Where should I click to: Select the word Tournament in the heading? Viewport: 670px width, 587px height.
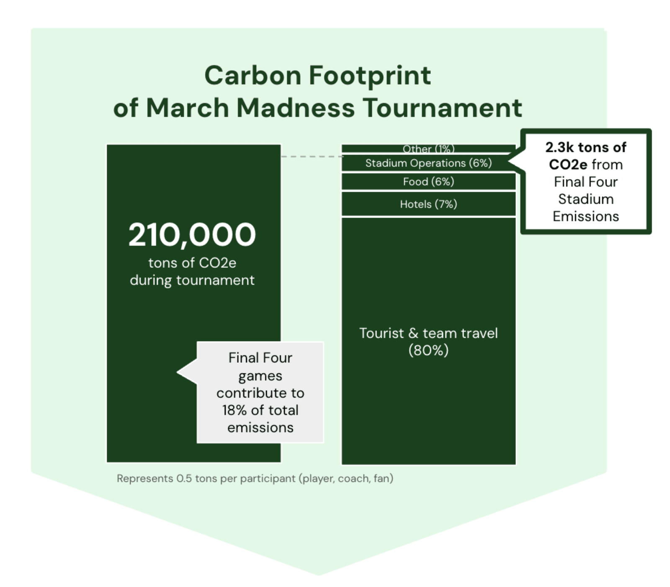click(442, 108)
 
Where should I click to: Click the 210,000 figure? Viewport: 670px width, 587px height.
click(192, 234)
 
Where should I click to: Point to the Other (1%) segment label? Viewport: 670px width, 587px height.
click(428, 149)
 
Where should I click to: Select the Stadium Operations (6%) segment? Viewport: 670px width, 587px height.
click(428, 163)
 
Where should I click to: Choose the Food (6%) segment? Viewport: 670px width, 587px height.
click(428, 182)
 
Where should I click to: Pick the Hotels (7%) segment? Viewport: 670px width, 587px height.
click(428, 204)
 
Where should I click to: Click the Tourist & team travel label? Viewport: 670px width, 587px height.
click(428, 333)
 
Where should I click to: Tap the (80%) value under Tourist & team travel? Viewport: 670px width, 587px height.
click(428, 350)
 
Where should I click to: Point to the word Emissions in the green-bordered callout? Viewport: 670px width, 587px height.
click(586, 216)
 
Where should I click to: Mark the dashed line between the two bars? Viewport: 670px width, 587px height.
click(312, 156)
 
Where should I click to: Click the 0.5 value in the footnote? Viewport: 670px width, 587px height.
click(184, 478)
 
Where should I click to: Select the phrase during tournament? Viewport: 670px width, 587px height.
click(192, 280)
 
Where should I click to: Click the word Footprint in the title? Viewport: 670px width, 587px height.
click(370, 76)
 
